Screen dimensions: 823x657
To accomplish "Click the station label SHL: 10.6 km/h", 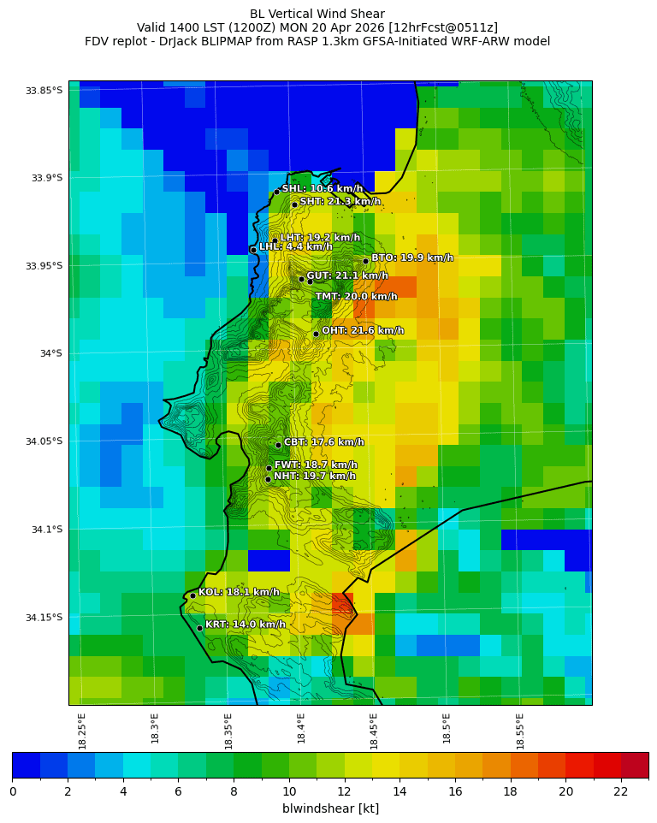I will [322, 189].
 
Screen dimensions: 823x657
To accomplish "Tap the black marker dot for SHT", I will [294, 204].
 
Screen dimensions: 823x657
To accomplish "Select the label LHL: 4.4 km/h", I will [295, 247].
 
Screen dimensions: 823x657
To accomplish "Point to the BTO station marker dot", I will [365, 261].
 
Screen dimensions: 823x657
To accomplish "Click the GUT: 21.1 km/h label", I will [346, 276].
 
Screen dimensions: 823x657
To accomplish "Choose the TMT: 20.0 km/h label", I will [356, 297].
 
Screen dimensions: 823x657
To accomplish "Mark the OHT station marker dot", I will [316, 334].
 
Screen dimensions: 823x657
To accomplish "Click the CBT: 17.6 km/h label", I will [323, 442].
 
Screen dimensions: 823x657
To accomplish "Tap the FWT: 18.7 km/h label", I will [316, 465].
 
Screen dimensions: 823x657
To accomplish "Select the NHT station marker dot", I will [268, 479].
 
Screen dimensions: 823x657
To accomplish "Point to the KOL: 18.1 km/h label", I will [239, 592].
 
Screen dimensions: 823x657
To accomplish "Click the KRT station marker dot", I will [199, 628].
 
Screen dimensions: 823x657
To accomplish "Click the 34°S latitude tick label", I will [50, 353].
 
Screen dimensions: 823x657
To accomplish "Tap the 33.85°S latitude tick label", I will [44, 91].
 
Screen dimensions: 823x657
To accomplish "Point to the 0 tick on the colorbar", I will [13, 791].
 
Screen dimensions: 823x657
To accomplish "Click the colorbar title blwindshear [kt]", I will [330, 808].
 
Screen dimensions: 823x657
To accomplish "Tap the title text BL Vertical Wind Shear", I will [317, 14].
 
